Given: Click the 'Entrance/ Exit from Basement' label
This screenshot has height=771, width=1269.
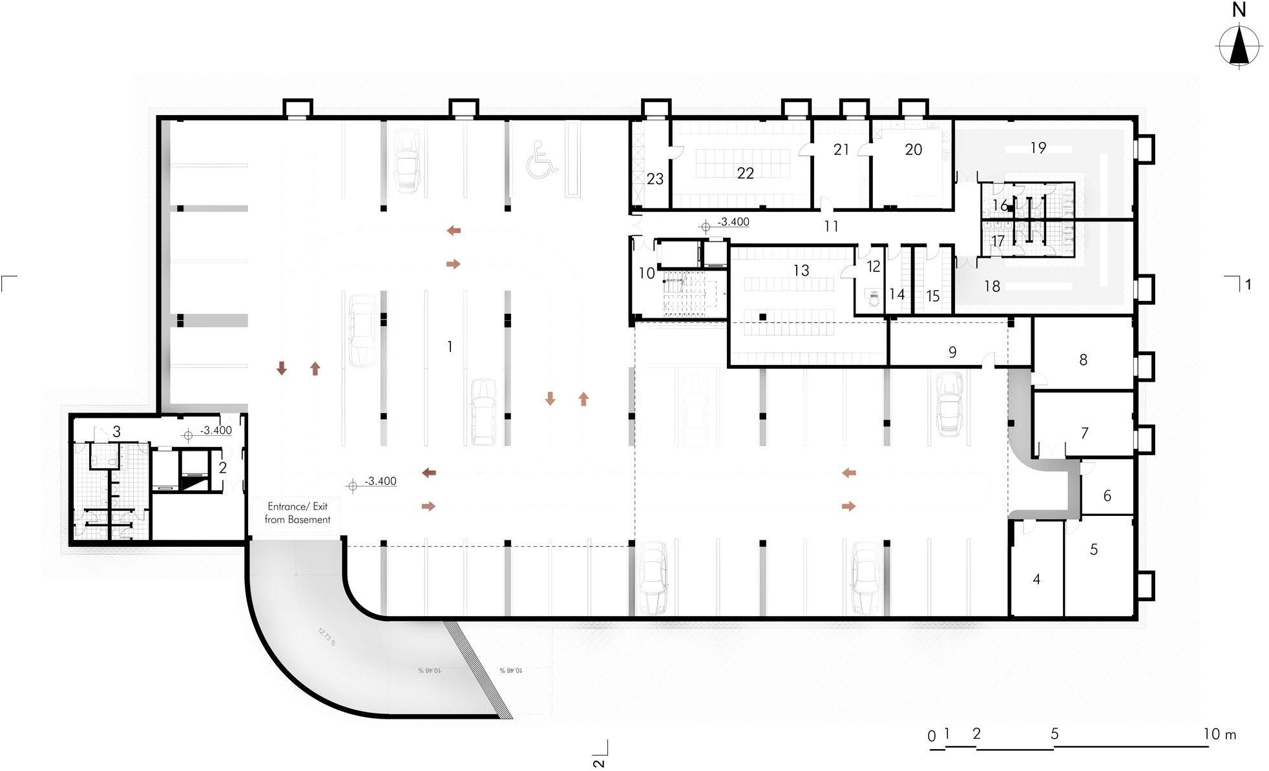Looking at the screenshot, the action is point(297,513).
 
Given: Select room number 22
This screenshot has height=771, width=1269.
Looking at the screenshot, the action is point(745,173).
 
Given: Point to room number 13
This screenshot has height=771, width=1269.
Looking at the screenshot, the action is point(801,271).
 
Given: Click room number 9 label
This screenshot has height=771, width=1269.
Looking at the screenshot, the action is point(952,353).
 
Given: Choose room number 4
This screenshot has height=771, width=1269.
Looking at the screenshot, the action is point(1036,579).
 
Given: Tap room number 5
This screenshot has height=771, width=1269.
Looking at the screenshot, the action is point(1093,550).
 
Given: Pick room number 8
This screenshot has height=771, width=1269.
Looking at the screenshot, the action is point(1083,360).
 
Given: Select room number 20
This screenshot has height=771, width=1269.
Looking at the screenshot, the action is point(913,150).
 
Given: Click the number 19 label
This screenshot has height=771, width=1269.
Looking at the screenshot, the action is point(1038,148).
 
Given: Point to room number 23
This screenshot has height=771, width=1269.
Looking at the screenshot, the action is point(655,179).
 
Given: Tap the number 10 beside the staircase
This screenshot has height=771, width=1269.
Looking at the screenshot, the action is point(647,273).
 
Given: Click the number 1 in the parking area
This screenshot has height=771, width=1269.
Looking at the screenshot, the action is point(450,347).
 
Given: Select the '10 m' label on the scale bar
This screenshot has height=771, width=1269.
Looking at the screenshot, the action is point(1219,734).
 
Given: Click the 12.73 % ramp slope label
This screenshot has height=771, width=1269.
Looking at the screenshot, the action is point(327,635).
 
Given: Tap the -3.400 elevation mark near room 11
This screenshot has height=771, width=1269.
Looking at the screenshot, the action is point(733,222).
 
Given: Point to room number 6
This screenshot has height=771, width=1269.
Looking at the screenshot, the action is point(1107,496).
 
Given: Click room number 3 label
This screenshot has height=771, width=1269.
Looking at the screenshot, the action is point(116,431).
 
